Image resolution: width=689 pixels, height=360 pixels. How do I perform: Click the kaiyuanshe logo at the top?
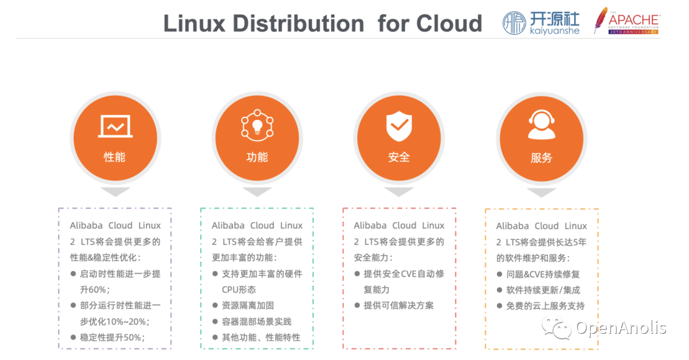pyautogui.click(x=541, y=23)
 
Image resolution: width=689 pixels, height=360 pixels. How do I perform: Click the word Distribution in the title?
pyautogui.click(x=299, y=23)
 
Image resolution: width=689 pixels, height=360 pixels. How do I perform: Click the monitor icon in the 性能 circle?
pyautogui.click(x=115, y=126)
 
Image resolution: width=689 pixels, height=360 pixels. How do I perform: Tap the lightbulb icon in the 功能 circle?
pyautogui.click(x=257, y=126)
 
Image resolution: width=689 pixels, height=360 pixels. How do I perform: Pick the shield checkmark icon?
pyautogui.click(x=399, y=126)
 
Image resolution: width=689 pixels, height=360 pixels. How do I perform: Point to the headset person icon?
pyautogui.click(x=542, y=125)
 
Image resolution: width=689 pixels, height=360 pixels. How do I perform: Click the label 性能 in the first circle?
pyautogui.click(x=115, y=157)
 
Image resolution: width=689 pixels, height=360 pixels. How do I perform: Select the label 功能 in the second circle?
pyautogui.click(x=257, y=157)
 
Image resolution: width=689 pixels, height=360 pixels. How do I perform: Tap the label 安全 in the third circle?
pyautogui.click(x=399, y=157)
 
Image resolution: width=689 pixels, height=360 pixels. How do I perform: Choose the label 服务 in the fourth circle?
pyautogui.click(x=542, y=158)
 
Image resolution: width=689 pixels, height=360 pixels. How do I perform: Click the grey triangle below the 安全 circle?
pyautogui.click(x=399, y=191)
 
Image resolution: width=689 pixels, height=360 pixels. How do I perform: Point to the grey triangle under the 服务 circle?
pyautogui.click(x=542, y=191)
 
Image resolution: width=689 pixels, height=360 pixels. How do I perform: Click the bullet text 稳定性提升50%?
pyautogui.click(x=112, y=338)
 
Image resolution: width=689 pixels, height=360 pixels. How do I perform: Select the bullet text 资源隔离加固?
pyautogui.click(x=248, y=306)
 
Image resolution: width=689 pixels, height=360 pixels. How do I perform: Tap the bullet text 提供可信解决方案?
pyautogui.click(x=399, y=306)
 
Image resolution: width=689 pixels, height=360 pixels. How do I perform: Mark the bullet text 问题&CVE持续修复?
pyautogui.click(x=543, y=274)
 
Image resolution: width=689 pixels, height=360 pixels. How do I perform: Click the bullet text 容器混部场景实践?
pyautogui.click(x=256, y=322)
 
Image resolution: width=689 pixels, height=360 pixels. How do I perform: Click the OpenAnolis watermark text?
pyautogui.click(x=621, y=328)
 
